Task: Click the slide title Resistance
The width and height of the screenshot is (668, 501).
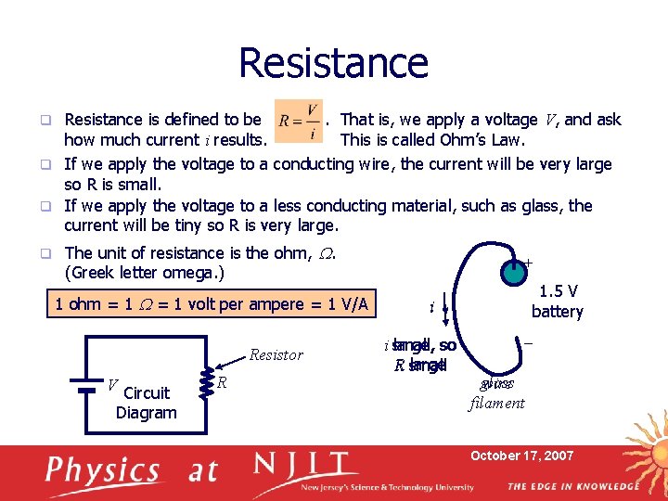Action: coord(333,63)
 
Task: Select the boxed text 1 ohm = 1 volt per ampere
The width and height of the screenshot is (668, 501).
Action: coord(212,304)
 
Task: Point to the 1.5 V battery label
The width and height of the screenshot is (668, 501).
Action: coord(557,302)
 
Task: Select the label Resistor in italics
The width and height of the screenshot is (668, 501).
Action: coord(276,354)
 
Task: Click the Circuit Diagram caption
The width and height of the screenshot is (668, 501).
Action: coord(147,403)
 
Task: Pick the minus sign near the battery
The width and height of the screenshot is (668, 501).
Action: coord(528,342)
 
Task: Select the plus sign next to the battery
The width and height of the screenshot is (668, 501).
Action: coord(528,263)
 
